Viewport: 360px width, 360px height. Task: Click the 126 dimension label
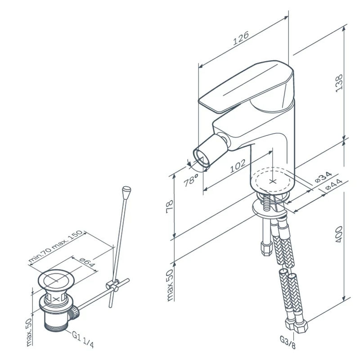tap(241, 38)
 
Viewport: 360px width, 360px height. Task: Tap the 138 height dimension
tap(339, 83)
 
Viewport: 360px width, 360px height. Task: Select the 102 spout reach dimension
tap(238, 166)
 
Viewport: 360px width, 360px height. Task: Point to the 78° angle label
tap(191, 180)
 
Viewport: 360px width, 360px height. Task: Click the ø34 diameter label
tap(323, 177)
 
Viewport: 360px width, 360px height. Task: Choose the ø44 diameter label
tap(334, 184)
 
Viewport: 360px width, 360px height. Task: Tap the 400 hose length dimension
tap(339, 234)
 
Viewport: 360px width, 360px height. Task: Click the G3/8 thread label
tap(288, 342)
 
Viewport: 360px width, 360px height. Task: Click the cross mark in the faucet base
tap(273, 182)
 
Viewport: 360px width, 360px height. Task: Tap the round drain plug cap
tap(56, 280)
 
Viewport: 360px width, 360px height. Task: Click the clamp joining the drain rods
tap(112, 285)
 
